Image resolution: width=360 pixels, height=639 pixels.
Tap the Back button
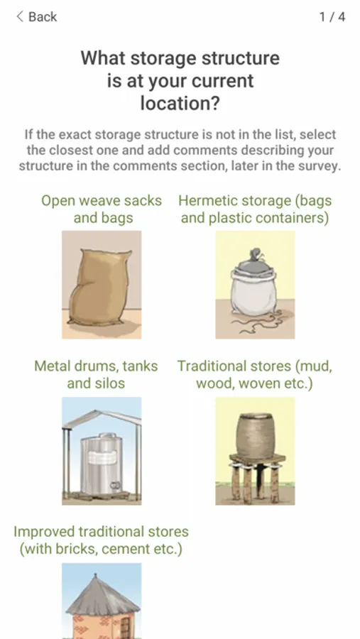coord(36,17)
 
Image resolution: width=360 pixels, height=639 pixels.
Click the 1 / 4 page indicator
coord(332,17)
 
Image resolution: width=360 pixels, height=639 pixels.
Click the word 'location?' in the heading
coord(180,103)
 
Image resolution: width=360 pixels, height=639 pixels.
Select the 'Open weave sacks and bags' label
coord(102,209)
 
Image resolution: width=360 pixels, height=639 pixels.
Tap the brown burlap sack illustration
coord(100,288)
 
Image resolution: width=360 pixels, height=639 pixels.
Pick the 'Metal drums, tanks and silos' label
coord(97,374)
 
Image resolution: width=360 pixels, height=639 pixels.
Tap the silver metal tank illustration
coord(101,464)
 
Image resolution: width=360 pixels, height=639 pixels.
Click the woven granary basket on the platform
coord(255,436)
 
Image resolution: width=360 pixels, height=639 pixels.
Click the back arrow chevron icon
coord(20,17)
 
